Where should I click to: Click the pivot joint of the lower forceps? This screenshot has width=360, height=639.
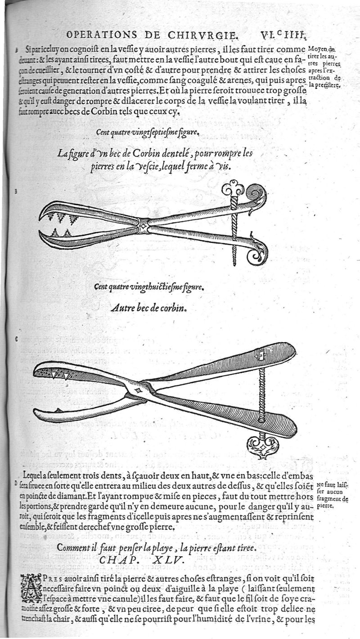[x=138, y=390]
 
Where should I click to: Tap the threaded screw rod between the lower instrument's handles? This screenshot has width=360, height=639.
[x=261, y=396]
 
